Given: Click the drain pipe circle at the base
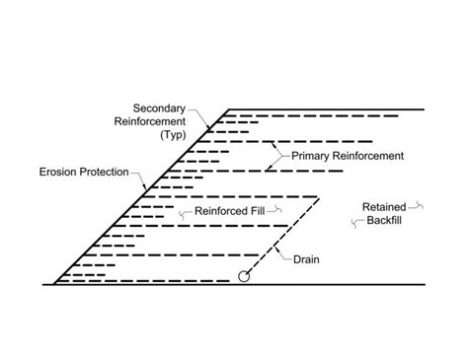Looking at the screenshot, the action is click(x=244, y=276).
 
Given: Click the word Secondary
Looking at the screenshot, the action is click(x=159, y=108).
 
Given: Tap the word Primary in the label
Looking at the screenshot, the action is click(x=310, y=156).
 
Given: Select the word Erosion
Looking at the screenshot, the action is click(x=58, y=172).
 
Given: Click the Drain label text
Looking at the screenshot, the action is click(x=306, y=259).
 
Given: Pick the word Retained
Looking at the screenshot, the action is click(x=384, y=207).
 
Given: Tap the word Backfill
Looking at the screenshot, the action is click(x=384, y=220).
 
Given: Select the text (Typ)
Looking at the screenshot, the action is click(x=173, y=135).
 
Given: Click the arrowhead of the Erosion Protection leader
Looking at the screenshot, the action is click(x=145, y=187).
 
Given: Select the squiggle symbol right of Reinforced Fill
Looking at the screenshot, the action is click(x=274, y=209).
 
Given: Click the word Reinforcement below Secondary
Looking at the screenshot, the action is click(x=150, y=121).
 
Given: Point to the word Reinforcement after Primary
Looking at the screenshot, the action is click(x=367, y=156).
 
